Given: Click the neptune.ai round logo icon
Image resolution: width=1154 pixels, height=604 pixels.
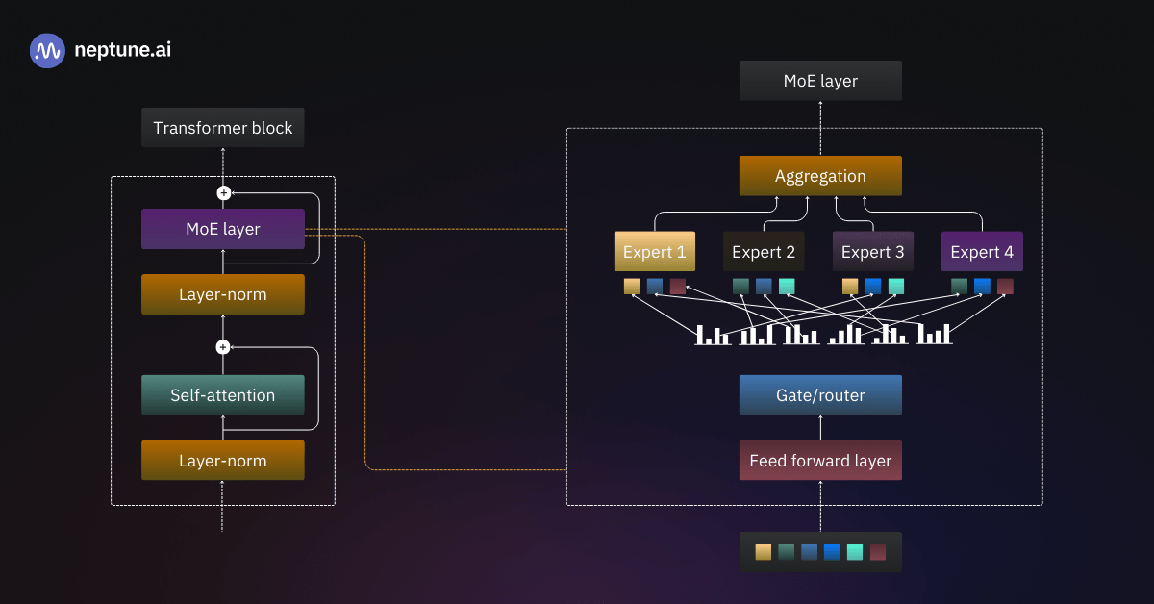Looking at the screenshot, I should click(47, 51).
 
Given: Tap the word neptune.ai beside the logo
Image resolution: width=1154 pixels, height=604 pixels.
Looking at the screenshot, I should click(122, 51).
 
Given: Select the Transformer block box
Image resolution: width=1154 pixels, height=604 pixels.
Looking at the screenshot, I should click(223, 128).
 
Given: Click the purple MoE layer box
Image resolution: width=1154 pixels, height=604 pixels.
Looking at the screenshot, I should click(223, 229).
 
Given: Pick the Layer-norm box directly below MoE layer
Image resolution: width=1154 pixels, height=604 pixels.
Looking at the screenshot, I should click(223, 294).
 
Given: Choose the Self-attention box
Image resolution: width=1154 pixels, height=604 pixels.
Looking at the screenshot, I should click(223, 395).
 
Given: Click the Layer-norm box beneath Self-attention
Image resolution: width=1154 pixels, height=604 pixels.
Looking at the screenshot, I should click(223, 461).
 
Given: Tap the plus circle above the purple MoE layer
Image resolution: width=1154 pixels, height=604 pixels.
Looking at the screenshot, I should click(223, 193).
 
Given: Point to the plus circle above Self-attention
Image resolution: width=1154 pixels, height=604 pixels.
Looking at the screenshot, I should click(223, 347).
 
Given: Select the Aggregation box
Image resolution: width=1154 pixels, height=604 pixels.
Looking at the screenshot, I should click(820, 176).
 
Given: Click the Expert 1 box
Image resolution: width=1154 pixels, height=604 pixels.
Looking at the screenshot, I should click(655, 252).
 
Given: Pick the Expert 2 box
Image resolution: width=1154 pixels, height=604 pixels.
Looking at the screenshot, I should click(764, 252).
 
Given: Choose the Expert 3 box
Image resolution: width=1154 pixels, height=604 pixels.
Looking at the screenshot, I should click(873, 252).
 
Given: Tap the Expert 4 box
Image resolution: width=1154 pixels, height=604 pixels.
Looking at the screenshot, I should click(982, 252).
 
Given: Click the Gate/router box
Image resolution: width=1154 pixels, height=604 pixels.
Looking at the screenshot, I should click(820, 395).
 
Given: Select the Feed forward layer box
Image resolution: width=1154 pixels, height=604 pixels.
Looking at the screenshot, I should click(820, 461).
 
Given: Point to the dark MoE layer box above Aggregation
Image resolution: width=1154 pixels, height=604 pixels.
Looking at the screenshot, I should click(820, 81).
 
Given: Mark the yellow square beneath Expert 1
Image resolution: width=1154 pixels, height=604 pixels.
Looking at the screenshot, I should click(632, 286).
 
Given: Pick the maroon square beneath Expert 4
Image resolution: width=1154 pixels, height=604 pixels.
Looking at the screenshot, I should click(1005, 286).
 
